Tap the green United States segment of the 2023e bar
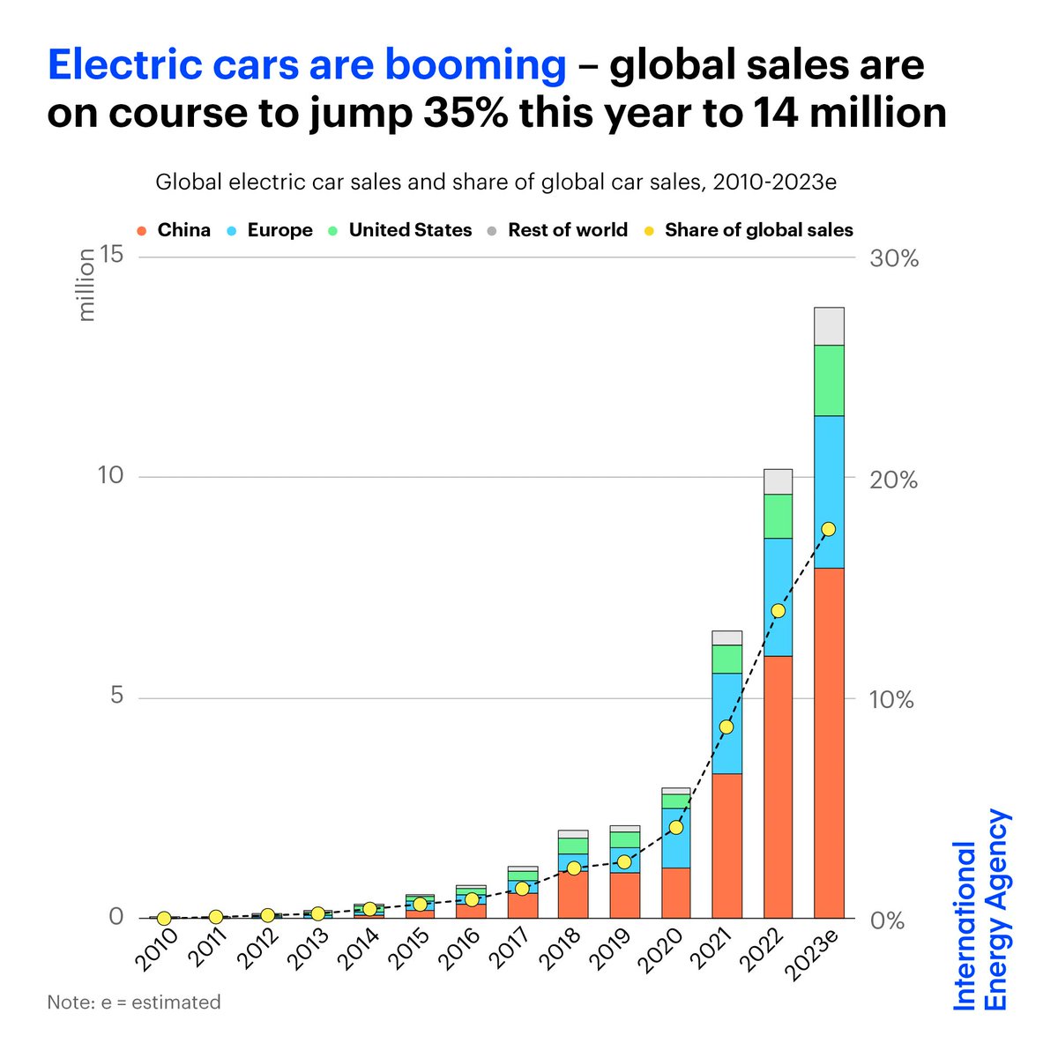[829, 380]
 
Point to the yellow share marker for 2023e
[829, 529]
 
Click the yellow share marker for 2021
[726, 726]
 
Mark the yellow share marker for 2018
[573, 868]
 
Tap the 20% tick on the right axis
[893, 481]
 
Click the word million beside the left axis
[86, 284]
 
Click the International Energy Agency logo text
[981, 913]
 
